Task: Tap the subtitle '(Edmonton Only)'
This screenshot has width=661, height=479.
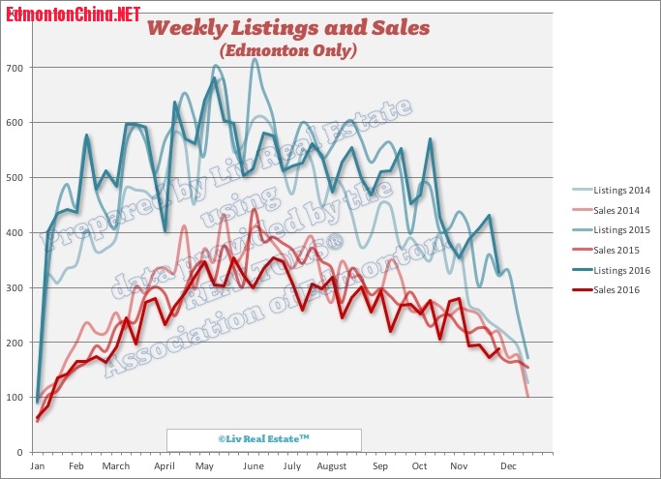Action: (288, 48)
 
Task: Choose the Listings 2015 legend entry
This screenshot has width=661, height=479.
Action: (607, 229)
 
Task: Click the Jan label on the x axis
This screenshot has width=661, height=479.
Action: (38, 466)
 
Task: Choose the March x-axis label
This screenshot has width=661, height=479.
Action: (115, 466)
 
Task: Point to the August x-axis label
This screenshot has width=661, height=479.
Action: (331, 466)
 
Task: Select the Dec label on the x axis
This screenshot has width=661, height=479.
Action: (506, 466)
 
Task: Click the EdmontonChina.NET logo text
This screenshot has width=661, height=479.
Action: (73, 14)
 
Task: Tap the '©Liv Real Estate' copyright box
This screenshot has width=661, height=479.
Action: (263, 439)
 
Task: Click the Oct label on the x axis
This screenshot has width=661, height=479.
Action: (419, 466)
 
